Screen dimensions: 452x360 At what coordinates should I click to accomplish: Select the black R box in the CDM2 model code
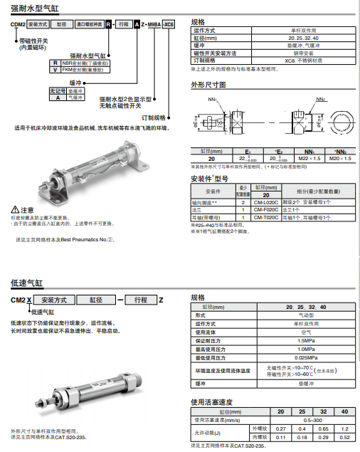(109, 24)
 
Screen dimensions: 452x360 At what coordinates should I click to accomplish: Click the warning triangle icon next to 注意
(15, 210)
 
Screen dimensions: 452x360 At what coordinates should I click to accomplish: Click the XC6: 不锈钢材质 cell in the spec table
(302, 61)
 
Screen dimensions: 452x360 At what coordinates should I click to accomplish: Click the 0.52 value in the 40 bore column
(344, 438)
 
